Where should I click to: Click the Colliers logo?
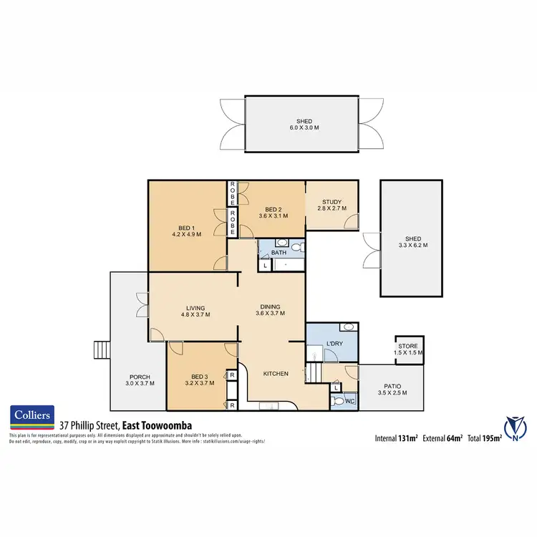point(32,415)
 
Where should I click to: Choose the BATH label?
point(279,253)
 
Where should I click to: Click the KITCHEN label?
point(276,374)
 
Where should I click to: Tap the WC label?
point(349,402)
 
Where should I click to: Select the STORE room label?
point(409,346)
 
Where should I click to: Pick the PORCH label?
point(139,377)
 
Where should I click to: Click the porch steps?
point(102,349)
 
